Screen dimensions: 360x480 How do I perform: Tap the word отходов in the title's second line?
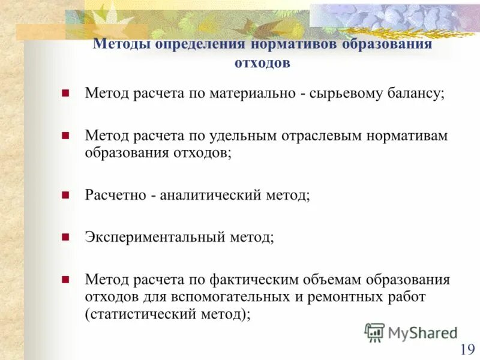262,63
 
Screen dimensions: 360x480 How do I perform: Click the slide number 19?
467,349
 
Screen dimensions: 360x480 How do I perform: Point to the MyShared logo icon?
374,332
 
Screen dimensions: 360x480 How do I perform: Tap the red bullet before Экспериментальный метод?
66,237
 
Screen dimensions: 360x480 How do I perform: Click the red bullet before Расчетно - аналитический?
66,195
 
